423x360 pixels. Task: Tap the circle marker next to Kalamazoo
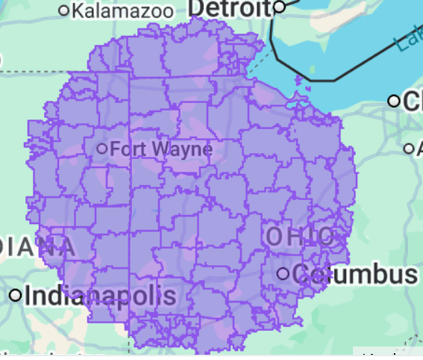point(64,10)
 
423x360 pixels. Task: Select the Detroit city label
point(228,7)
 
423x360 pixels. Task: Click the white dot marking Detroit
point(280,7)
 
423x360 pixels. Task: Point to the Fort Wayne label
point(160,149)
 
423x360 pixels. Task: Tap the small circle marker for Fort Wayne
point(102,148)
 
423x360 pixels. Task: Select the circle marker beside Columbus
point(283,274)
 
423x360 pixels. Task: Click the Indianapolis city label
point(100,295)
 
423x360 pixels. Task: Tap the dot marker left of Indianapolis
point(16,295)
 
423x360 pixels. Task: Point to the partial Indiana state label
point(37,246)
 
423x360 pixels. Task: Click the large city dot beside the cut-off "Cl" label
point(394,101)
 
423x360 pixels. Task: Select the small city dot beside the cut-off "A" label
point(408,149)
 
